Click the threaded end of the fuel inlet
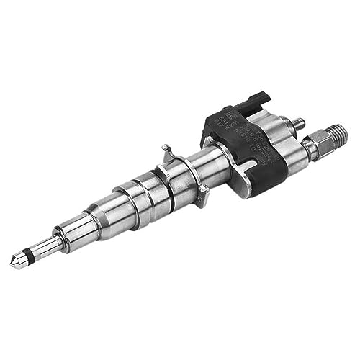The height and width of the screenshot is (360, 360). (336, 135)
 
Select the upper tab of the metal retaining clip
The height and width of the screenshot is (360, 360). (167, 151)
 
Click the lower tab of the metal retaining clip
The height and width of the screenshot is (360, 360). (204, 192)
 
